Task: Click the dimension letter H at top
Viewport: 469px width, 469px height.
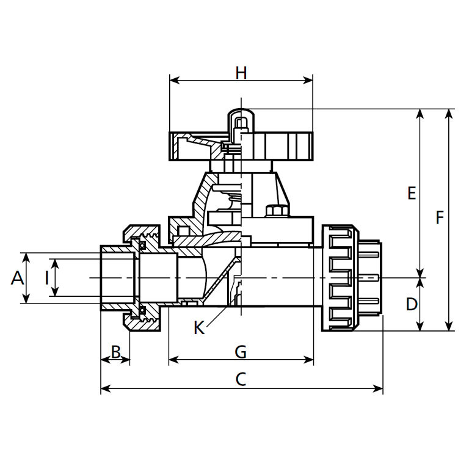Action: (x=241, y=73)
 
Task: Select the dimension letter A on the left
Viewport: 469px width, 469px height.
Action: (x=18, y=278)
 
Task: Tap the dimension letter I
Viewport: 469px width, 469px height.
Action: (x=46, y=278)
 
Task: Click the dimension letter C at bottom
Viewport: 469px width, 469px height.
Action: (x=241, y=379)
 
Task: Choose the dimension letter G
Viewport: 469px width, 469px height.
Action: (x=241, y=352)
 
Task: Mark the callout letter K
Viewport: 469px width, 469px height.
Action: (x=199, y=328)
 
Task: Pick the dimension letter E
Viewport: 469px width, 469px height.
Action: (x=412, y=194)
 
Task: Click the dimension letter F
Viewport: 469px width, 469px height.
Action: (x=439, y=217)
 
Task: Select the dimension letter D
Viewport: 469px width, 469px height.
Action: (x=412, y=304)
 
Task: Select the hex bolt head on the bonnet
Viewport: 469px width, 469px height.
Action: (x=273, y=211)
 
